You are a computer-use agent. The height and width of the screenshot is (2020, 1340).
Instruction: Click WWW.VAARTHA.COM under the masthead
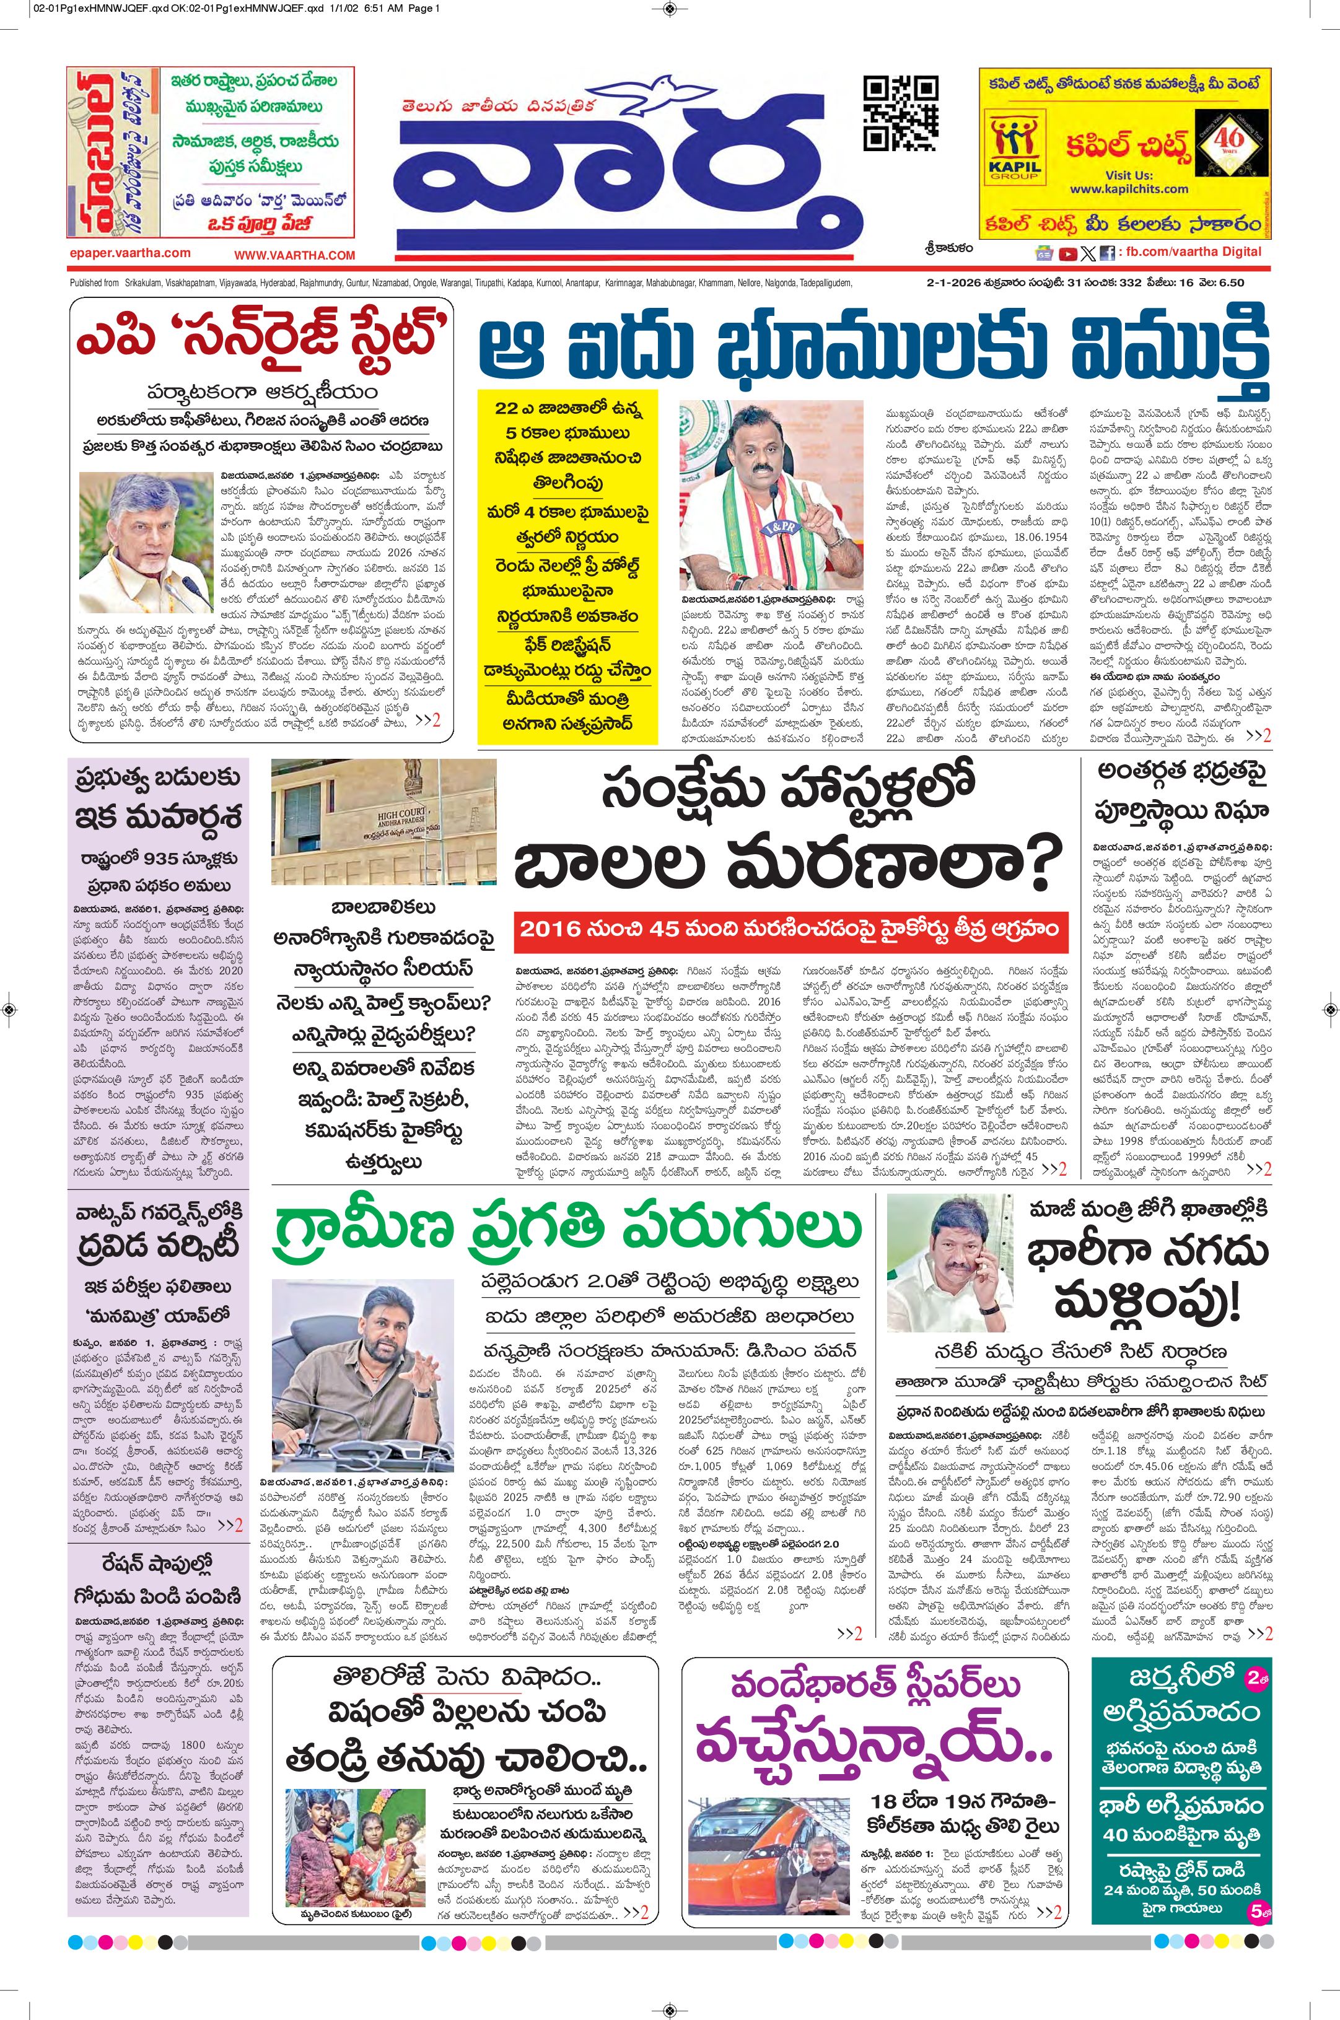click(x=294, y=255)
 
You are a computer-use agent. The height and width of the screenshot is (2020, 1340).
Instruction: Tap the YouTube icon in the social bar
click(x=1067, y=252)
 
